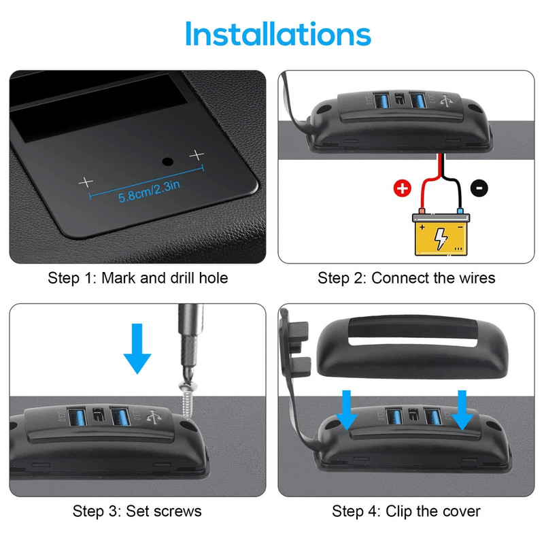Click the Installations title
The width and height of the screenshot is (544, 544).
point(277,34)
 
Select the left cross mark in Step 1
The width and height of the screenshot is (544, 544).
point(86,182)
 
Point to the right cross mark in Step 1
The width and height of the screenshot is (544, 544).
point(197,155)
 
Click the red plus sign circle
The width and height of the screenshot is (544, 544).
point(403,189)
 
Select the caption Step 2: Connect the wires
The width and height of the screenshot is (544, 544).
point(407,278)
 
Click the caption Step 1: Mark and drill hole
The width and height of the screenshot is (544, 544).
point(137,278)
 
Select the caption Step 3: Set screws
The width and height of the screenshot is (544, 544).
point(137,511)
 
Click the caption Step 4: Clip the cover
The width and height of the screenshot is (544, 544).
point(407,511)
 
